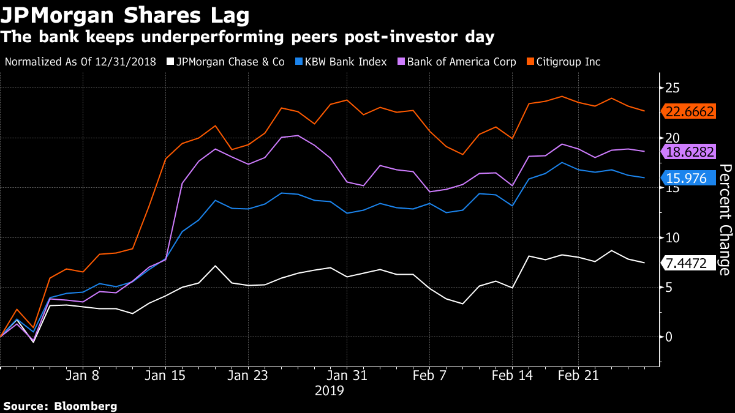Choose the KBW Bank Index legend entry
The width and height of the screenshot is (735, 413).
click(x=342, y=62)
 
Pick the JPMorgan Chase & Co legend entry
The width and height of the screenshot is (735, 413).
click(x=227, y=62)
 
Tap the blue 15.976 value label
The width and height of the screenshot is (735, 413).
click(x=686, y=178)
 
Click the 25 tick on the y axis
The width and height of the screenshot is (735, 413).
click(x=673, y=88)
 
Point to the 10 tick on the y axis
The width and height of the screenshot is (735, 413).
click(x=673, y=237)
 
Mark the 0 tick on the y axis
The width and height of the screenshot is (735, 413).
click(x=668, y=337)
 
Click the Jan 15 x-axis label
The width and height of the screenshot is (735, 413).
click(x=165, y=374)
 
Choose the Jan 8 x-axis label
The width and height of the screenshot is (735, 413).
click(x=83, y=374)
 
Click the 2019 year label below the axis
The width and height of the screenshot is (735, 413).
click(x=330, y=390)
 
